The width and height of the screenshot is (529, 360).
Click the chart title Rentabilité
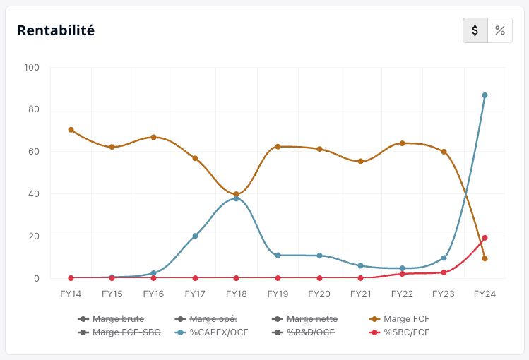[56, 30]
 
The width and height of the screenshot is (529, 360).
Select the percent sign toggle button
[500, 30]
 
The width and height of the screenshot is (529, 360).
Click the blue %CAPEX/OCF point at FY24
[485, 95]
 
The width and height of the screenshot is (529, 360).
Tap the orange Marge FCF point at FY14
[71, 130]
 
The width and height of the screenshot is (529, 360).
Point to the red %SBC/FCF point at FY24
[485, 238]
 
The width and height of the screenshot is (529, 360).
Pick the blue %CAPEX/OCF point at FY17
[195, 236]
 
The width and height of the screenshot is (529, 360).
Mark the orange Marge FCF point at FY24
[485, 258]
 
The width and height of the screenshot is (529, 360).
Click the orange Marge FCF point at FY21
[361, 161]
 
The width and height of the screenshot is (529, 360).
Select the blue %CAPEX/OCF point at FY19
[278, 255]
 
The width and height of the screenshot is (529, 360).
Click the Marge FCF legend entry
[400, 319]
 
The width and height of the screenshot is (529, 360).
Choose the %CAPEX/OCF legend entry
[212, 332]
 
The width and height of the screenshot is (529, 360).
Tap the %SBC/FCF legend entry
[400, 332]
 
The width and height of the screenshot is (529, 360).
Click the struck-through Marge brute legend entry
[111, 319]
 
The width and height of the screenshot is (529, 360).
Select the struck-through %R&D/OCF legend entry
[303, 332]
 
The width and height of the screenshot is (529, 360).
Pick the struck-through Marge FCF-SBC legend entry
[119, 332]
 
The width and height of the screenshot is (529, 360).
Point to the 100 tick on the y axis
[32, 68]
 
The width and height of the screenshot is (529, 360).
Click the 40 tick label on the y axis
[34, 194]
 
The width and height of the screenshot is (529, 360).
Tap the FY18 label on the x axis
[236, 294]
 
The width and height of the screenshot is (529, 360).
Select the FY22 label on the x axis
[402, 294]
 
